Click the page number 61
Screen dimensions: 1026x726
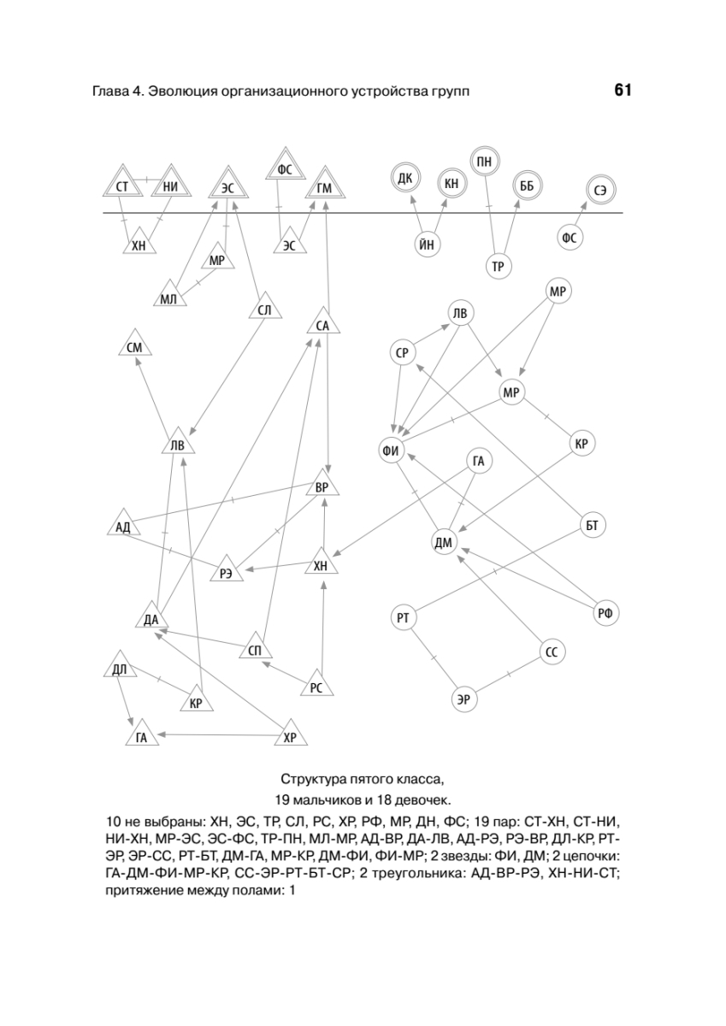[x=622, y=91]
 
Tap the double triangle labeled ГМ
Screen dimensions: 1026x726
[x=324, y=187]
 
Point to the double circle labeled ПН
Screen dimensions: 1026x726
[x=484, y=160]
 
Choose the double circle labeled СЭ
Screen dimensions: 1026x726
[x=601, y=190]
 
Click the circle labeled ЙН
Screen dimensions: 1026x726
[x=428, y=244]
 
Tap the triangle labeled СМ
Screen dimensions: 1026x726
[x=133, y=345]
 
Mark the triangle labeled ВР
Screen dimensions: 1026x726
[x=322, y=486]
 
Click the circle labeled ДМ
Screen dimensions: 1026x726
[x=444, y=542]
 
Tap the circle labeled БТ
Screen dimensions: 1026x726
[x=591, y=524]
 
